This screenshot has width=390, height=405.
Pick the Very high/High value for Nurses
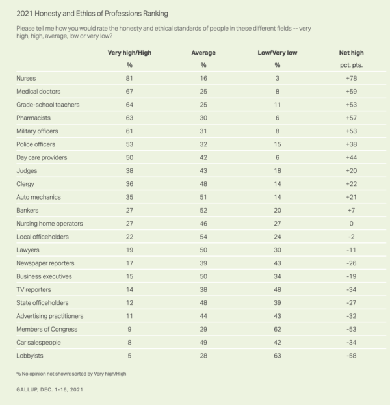(x=129, y=78)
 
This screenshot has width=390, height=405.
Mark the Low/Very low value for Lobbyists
(x=277, y=355)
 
